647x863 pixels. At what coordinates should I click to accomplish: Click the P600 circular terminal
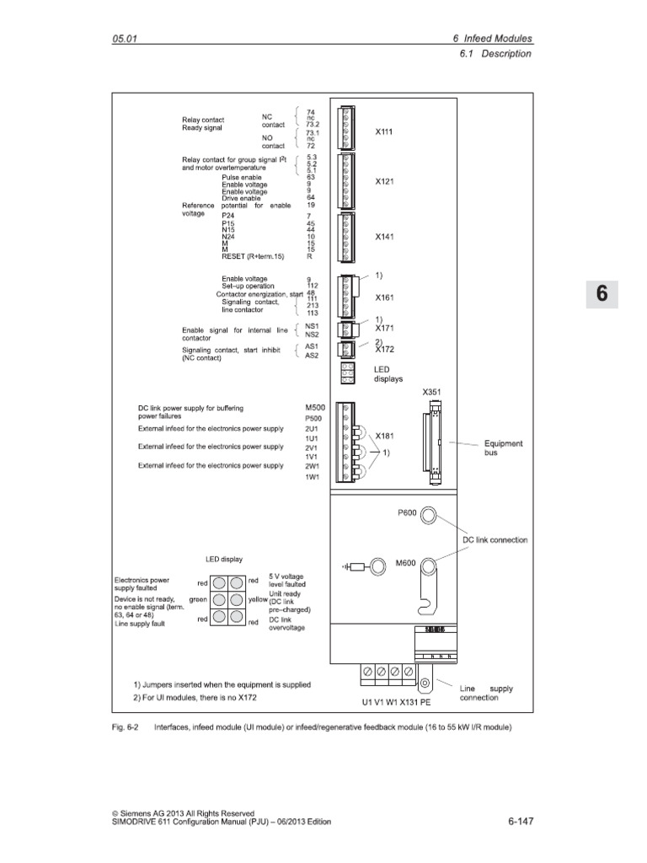tap(428, 516)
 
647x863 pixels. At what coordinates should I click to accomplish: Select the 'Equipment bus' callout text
tap(504, 448)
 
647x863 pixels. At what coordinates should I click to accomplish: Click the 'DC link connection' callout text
tap(495, 539)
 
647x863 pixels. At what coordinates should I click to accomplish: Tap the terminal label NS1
tap(311, 324)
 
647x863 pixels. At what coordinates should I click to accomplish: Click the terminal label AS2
tap(311, 355)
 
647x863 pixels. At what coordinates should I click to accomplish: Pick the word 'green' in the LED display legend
tap(198, 599)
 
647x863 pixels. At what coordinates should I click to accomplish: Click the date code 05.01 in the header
tap(124, 39)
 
